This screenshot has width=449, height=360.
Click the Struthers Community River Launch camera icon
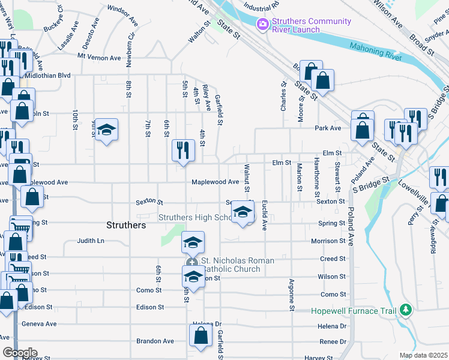click(262, 25)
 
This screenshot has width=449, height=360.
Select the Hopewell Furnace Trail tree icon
click(406, 310)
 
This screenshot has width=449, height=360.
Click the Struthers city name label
click(125, 225)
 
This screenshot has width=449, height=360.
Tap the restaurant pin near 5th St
click(182, 150)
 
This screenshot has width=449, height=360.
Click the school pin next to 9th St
click(106, 130)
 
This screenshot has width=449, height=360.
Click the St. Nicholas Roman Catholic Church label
click(237, 265)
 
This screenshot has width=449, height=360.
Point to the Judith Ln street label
click(90, 241)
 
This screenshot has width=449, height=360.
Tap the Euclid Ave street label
click(264, 217)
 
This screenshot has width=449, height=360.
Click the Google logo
click(20, 352)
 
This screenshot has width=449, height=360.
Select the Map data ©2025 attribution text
click(423, 355)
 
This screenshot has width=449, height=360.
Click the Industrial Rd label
click(262, 4)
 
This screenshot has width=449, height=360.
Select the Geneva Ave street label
click(39, 323)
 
